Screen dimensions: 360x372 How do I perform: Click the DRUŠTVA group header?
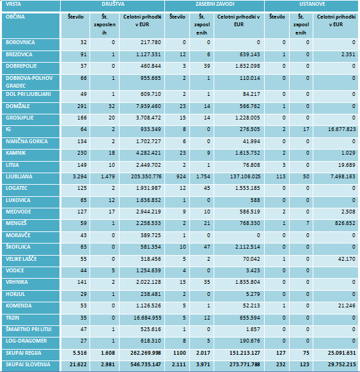(x=113, y=4)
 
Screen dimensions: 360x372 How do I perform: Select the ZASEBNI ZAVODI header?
(x=215, y=4)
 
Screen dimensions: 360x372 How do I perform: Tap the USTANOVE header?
(x=312, y=4)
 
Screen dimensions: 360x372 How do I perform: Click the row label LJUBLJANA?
(x=19, y=176)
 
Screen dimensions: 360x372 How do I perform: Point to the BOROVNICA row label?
(x=20, y=42)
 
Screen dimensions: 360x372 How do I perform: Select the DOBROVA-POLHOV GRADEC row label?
(x=29, y=82)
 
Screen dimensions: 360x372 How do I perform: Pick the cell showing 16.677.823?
(x=341, y=129)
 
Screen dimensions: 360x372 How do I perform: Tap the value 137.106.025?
(x=245, y=176)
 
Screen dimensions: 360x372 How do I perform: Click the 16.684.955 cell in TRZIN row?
(x=147, y=318)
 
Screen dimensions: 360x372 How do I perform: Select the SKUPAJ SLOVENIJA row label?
(x=28, y=364)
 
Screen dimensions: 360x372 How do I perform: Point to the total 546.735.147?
(x=146, y=364)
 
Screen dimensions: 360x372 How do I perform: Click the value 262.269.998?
(x=146, y=353)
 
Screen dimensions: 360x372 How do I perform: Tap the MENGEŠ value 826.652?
(x=345, y=223)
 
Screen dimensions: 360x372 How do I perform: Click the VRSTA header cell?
(x=13, y=4)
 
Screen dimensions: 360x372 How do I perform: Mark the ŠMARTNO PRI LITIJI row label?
(x=29, y=329)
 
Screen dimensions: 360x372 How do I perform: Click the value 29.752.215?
(x=341, y=364)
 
